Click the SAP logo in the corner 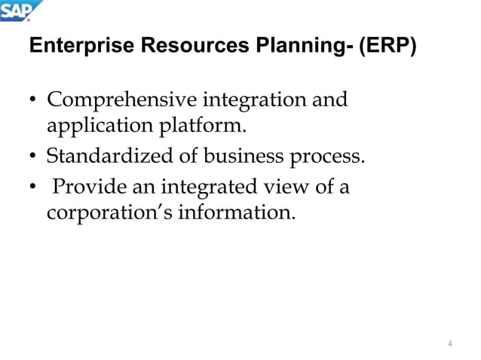pos(20,11)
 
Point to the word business pos(237,157)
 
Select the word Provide pos(83,186)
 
